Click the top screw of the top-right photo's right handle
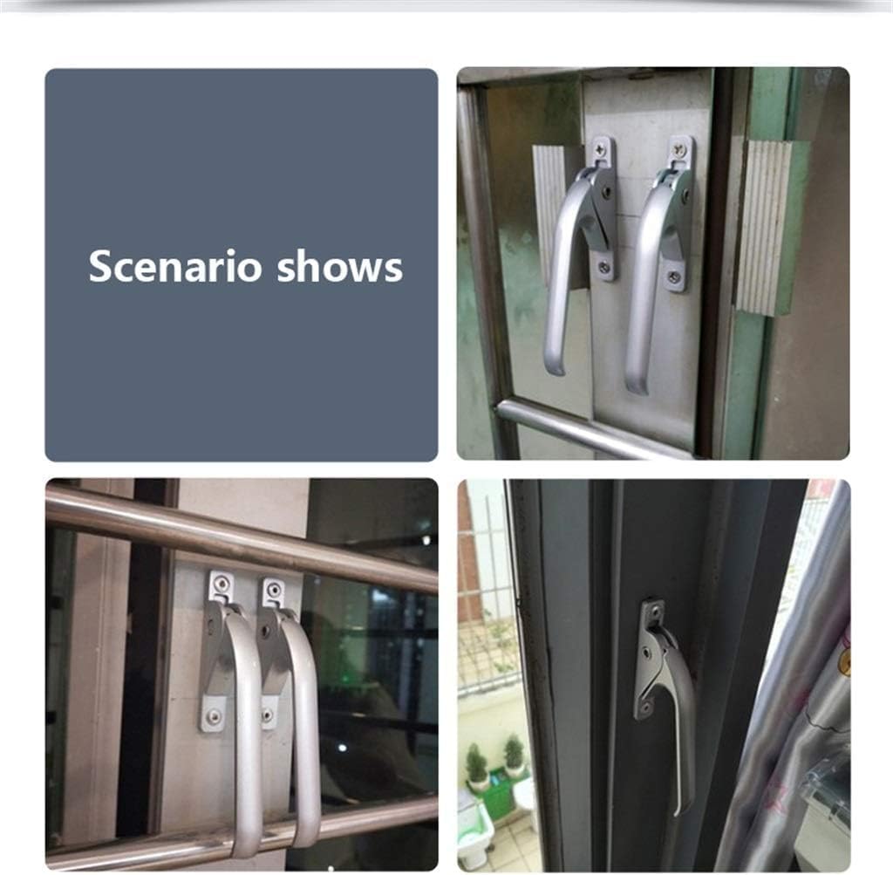click(x=680, y=151)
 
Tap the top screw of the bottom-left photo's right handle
click(x=274, y=591)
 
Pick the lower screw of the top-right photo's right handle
click(x=674, y=277)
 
